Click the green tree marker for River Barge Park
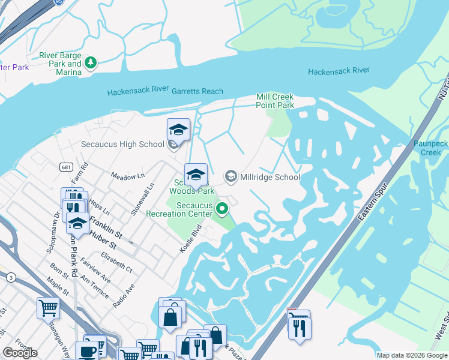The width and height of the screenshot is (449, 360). point(90,62)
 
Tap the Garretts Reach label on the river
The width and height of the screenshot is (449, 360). point(197,91)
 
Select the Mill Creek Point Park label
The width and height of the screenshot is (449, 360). point(275,101)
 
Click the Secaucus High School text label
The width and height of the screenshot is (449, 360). point(122,144)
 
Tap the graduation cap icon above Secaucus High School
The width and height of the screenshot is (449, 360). point(178,129)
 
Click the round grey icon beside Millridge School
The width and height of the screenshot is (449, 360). point(230,176)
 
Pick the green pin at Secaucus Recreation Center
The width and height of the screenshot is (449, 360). point(222,209)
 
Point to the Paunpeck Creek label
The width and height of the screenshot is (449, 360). point(430,148)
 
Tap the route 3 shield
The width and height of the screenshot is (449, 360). point(11,277)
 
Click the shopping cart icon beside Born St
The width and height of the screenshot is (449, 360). point(48,308)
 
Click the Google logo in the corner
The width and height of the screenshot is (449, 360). point(20,353)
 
